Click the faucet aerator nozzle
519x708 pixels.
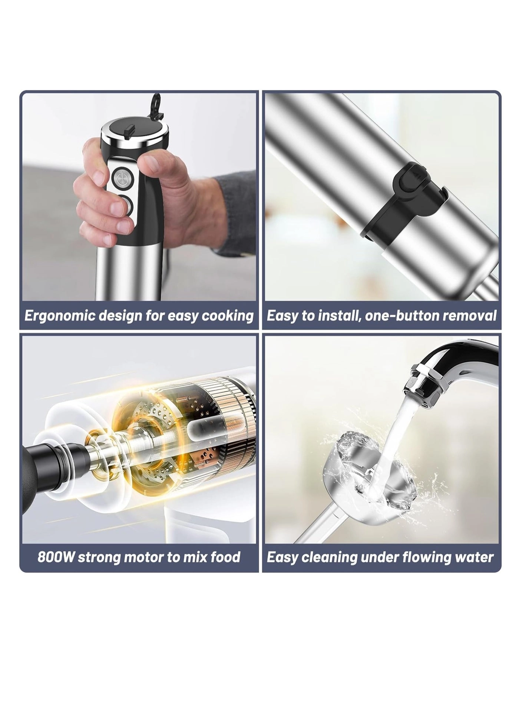coord(423,384)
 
